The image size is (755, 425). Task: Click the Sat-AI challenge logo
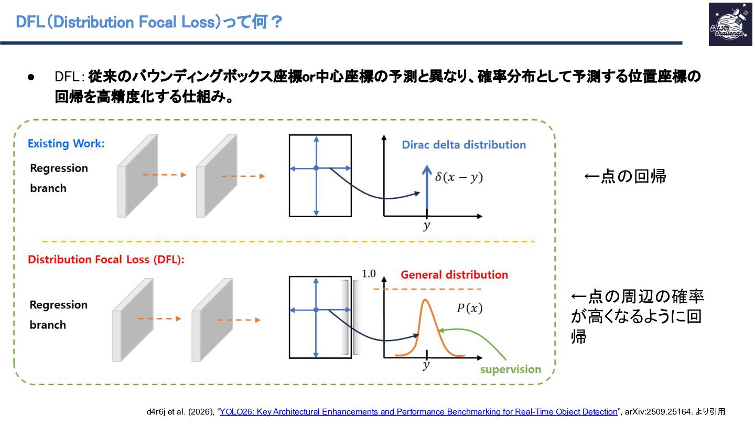point(730,25)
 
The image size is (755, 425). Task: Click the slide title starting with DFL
point(149,22)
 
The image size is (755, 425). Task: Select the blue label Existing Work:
point(66,143)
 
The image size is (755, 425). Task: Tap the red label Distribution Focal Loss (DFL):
point(106,259)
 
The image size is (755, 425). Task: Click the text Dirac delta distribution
point(463,145)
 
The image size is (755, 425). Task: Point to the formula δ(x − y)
point(459,177)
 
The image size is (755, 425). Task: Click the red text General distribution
point(454,274)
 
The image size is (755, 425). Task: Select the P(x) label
point(469,309)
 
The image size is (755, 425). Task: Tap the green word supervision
point(511,369)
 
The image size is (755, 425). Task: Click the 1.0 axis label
point(369,274)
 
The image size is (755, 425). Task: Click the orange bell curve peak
point(425,300)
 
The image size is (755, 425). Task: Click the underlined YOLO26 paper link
point(418,412)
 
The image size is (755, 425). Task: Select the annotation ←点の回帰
point(625,176)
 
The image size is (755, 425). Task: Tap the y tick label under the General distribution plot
point(426,365)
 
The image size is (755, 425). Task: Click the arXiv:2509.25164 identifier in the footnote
point(658,412)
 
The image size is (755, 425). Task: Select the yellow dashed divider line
point(288,241)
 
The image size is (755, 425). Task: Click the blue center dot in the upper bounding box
point(316,168)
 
